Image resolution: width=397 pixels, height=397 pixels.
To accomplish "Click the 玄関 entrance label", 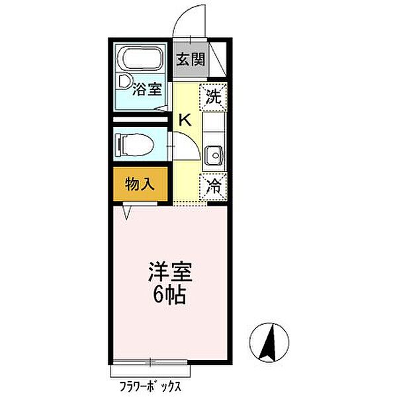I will click(x=191, y=60).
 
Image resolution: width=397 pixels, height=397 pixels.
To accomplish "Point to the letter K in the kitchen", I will click(x=185, y=120).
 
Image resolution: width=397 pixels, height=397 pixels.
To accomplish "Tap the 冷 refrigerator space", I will click(x=214, y=186).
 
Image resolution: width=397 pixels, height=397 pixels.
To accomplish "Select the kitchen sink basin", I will click(x=214, y=155).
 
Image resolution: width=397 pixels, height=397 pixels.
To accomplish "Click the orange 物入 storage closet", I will click(x=140, y=185).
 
